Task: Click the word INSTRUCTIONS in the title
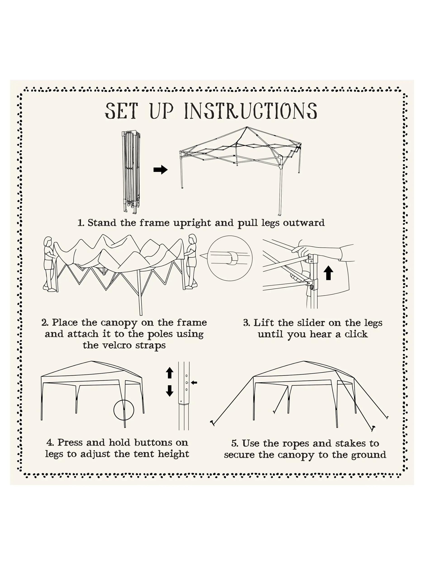coord(251,111)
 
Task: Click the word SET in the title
coord(121,111)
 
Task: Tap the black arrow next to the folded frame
coord(161,169)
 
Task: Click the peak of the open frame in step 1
coord(247,127)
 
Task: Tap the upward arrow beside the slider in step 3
coord(328,273)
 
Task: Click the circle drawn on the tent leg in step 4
coord(124,410)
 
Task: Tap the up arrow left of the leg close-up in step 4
coord(170,373)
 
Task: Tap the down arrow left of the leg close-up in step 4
coord(170,391)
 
